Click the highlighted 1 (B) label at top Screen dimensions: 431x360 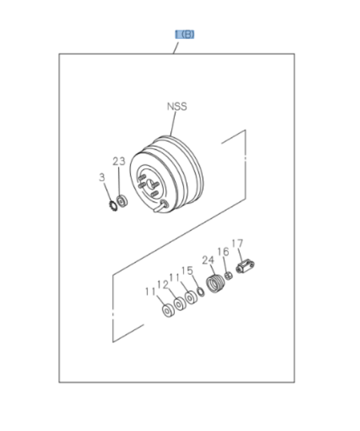click(185, 35)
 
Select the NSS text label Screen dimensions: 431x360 click(176, 106)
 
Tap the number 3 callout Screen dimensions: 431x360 click(102, 177)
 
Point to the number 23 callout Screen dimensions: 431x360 click(119, 162)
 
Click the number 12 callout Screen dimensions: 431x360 click(162, 285)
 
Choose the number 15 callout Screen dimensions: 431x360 click(187, 270)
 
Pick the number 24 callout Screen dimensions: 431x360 click(208, 260)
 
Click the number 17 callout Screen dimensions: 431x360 click(237, 243)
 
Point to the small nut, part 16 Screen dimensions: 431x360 click(229, 275)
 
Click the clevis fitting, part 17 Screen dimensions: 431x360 click(245, 265)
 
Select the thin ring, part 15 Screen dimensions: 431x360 click(200, 291)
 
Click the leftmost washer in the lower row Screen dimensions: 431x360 click(167, 310)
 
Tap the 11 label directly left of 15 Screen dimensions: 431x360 click(175, 277)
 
